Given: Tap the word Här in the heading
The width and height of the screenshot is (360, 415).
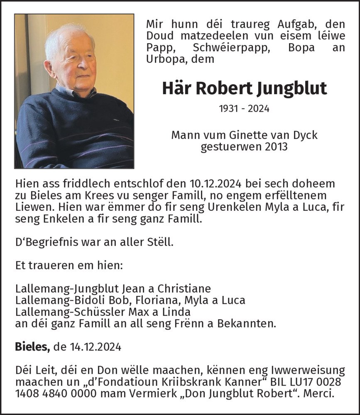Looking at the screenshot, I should pyautogui.click(x=175, y=88).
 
